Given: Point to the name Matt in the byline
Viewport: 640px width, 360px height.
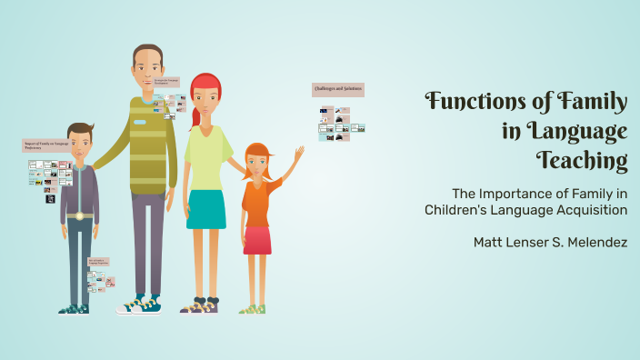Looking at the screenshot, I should pos(490,243).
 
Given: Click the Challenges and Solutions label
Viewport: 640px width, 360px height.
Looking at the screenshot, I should pos(338,89).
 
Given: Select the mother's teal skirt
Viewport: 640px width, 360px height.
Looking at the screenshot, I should pos(206,209).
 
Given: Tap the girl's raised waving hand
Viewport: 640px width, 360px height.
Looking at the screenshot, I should pos(298,154).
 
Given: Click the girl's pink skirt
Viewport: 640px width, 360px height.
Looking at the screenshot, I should pos(257,240).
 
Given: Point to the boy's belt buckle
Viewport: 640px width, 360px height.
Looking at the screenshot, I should pos(79,215).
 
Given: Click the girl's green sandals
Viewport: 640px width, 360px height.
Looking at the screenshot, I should pos(252,309).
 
